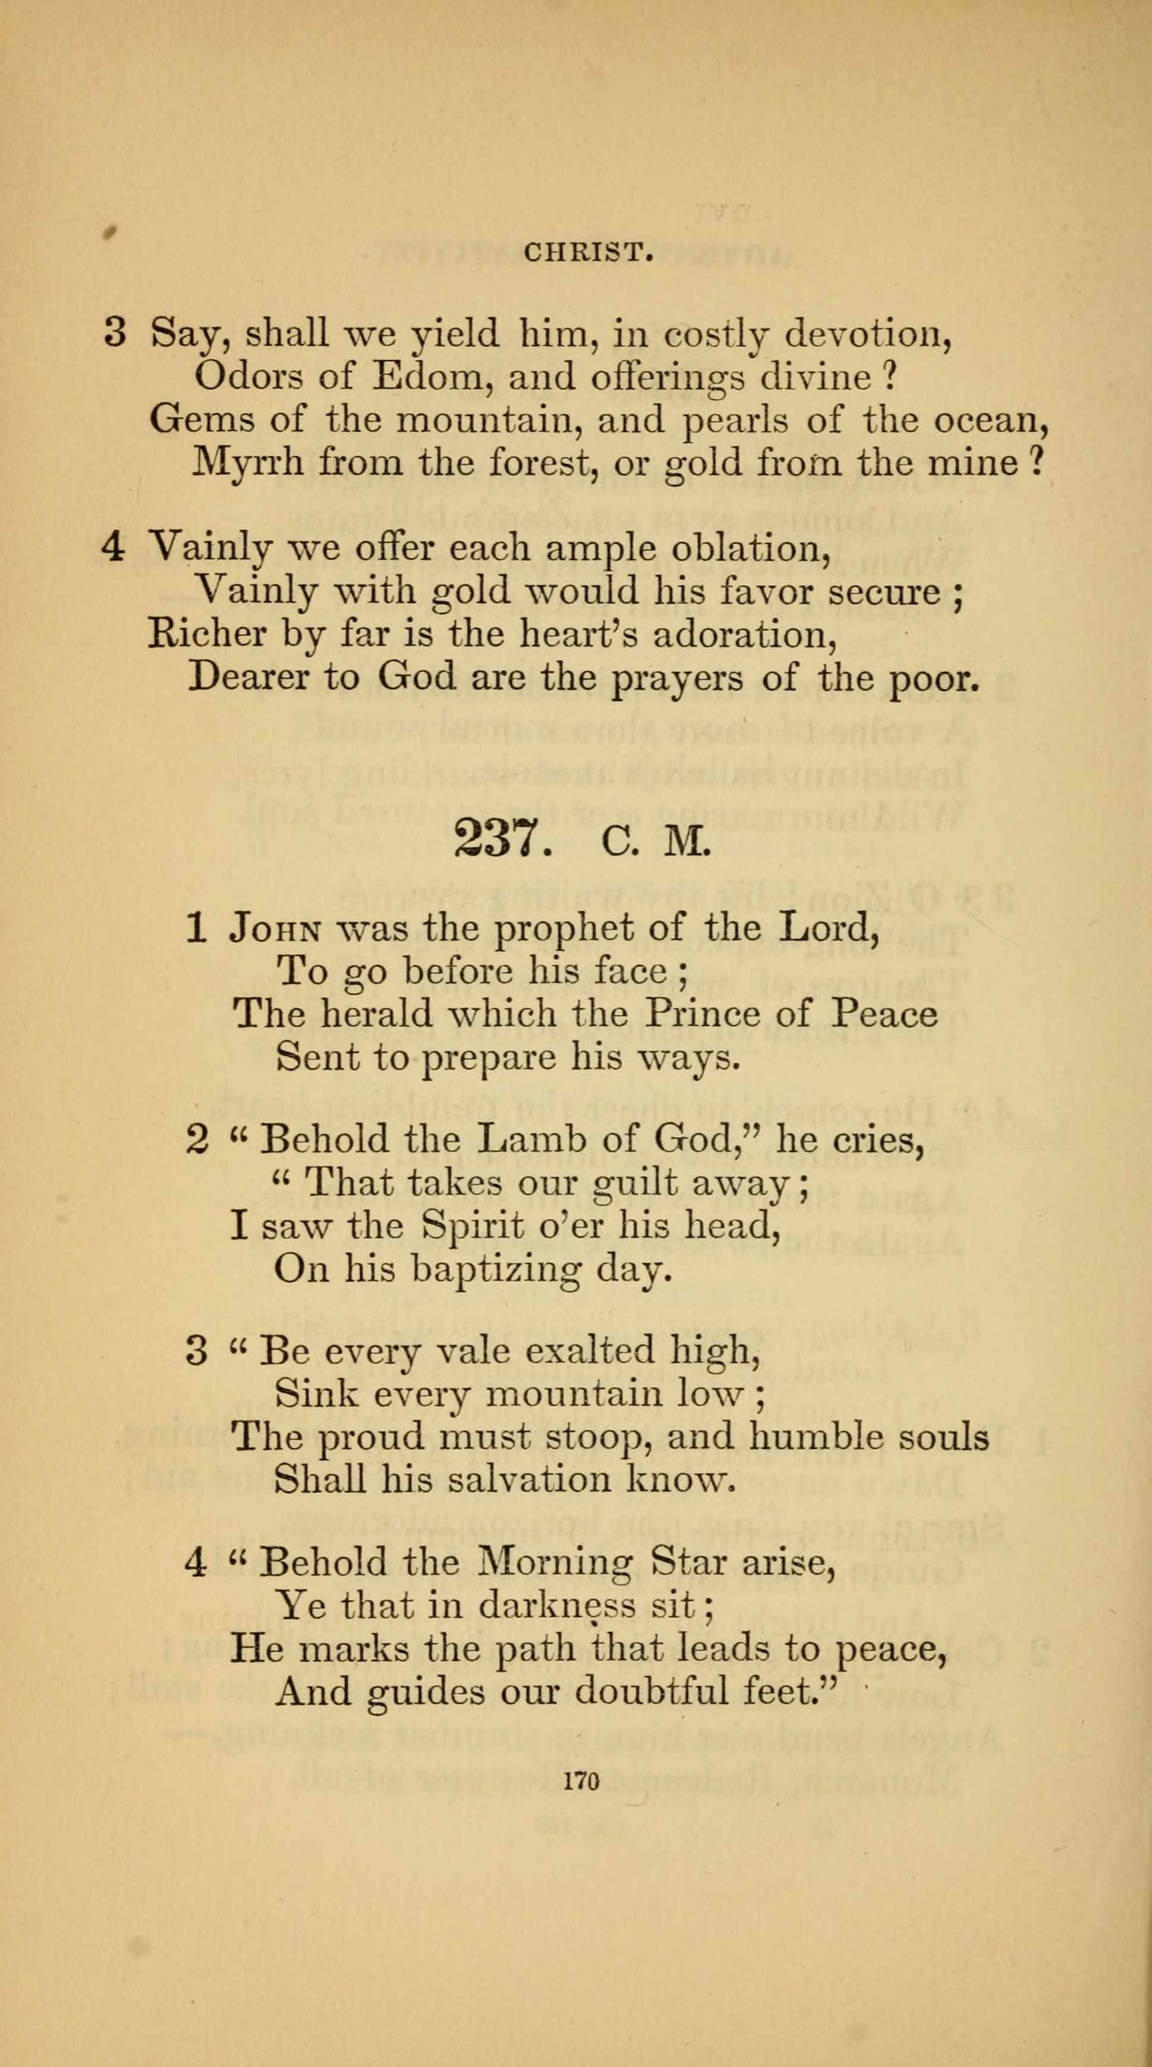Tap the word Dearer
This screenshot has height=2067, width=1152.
247,678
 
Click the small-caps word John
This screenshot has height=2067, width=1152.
276,929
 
